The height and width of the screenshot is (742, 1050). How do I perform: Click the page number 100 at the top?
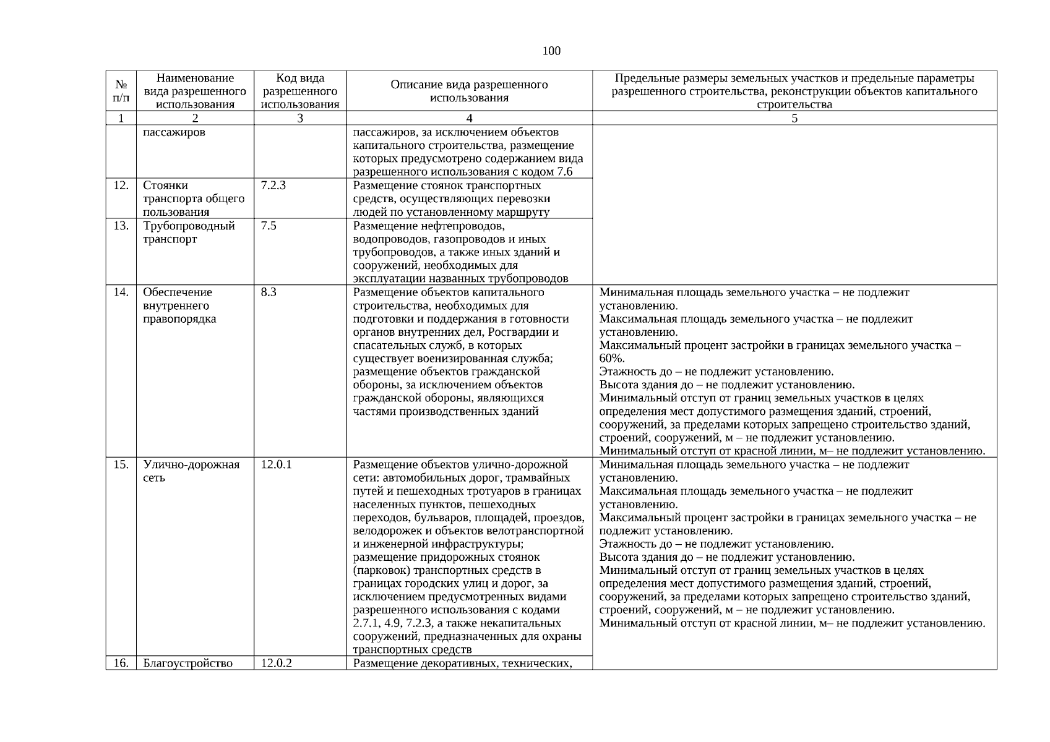551,51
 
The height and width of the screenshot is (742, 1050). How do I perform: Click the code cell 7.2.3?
273,185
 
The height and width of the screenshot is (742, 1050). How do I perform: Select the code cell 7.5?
269,226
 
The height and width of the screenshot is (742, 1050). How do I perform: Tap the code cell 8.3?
269,292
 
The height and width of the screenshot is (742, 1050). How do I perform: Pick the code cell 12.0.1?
276,464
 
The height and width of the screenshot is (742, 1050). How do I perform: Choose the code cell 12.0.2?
276,663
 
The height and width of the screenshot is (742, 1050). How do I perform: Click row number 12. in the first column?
121,185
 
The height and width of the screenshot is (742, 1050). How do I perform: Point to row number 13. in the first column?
121,226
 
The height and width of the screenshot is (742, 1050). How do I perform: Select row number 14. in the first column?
121,292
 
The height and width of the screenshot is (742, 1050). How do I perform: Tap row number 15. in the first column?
121,464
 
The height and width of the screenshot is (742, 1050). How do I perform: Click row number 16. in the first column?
121,663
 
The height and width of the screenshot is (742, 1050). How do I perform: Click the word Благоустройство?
187,663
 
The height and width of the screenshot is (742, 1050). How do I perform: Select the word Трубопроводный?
189,226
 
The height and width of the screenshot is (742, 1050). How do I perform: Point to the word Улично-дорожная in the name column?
191,464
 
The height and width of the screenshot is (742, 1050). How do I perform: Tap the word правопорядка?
179,319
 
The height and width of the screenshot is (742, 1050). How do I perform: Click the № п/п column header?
121,91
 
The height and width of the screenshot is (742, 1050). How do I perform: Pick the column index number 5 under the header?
794,118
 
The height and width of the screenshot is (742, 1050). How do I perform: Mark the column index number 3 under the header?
300,118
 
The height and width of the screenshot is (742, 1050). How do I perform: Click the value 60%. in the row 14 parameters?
612,359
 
